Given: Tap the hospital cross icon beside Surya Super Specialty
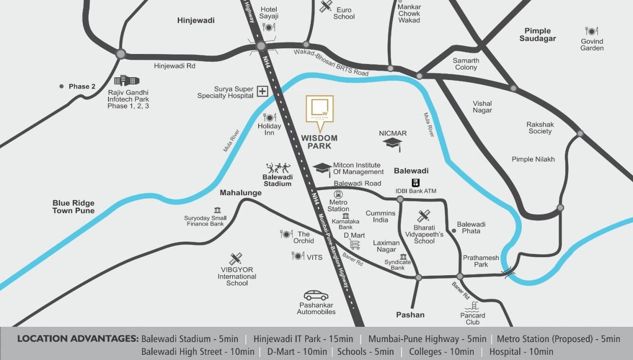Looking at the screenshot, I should click(x=262, y=91).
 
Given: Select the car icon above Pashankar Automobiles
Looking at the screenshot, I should click(x=316, y=295).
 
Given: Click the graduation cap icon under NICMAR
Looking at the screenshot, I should click(x=393, y=144).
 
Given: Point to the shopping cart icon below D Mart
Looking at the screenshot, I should click(x=354, y=244).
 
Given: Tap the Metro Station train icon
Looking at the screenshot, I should click(x=338, y=194).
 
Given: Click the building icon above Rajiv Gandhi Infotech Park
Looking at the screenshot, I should click(x=127, y=81).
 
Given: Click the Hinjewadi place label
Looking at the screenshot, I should click(x=196, y=20).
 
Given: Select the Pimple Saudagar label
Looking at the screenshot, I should click(x=537, y=35).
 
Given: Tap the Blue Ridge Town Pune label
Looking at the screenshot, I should click(x=73, y=207).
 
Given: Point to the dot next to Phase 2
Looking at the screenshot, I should click(x=62, y=86).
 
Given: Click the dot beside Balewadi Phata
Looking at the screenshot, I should click(x=453, y=231).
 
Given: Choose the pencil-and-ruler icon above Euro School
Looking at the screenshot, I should click(x=326, y=6).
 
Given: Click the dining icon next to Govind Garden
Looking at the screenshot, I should click(x=591, y=31).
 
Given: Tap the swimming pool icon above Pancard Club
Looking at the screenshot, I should click(x=472, y=306).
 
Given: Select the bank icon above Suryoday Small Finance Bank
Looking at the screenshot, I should click(x=217, y=210).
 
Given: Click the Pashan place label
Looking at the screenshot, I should click(x=410, y=315).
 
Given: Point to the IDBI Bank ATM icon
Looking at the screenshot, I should click(x=416, y=183).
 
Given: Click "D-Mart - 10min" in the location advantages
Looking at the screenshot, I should click(x=297, y=351).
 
